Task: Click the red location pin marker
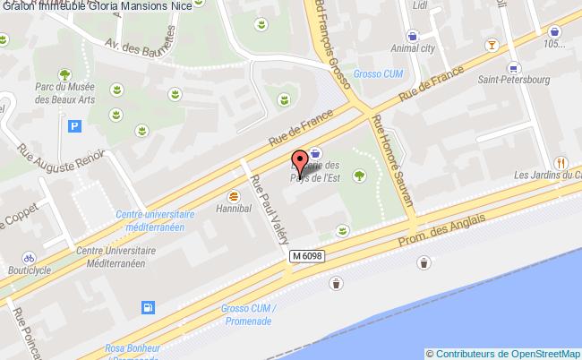(299, 164)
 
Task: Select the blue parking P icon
(74, 126)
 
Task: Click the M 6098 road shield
(306, 256)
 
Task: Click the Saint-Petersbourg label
(513, 81)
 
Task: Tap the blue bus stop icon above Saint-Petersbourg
(513, 66)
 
